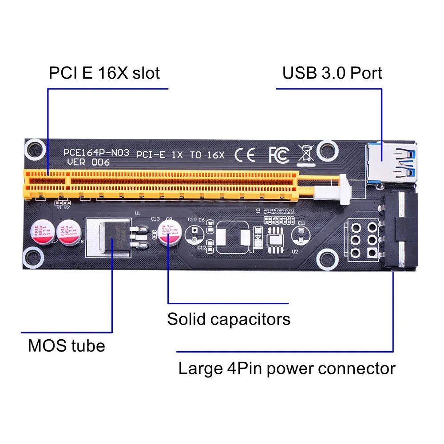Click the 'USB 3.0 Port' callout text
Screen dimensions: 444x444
332,73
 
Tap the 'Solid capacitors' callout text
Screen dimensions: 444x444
229,319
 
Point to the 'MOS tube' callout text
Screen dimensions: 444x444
67,345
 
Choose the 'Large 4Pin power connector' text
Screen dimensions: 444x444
287,369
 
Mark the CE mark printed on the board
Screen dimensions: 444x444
245,155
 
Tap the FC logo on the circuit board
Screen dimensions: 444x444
278,155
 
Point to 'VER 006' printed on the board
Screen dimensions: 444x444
88,163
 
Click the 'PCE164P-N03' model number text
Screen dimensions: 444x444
96,153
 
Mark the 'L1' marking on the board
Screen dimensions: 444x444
252,251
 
